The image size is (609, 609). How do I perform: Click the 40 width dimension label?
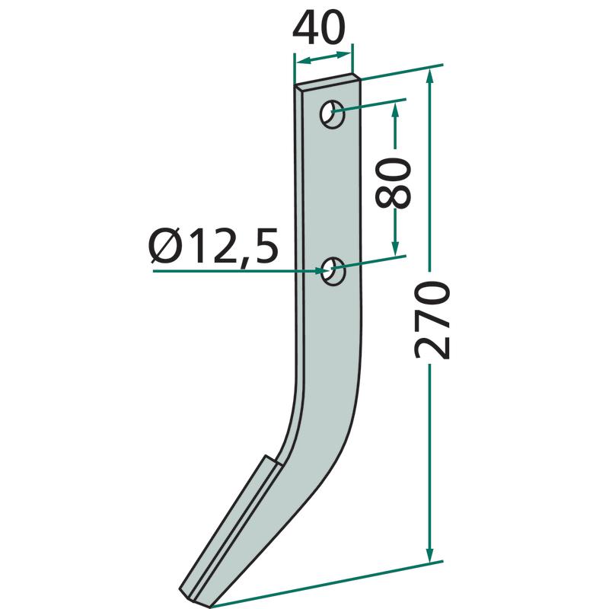pyautogui.click(x=318, y=28)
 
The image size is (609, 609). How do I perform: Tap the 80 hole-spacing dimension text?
pyautogui.click(x=393, y=183)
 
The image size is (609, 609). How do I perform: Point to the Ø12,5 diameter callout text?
pyautogui.click(x=214, y=247)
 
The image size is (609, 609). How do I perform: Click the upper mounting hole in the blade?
pyautogui.click(x=333, y=114)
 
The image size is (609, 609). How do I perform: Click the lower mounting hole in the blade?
pyautogui.click(x=333, y=271)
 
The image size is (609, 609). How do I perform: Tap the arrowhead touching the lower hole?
pyautogui.click(x=318, y=271)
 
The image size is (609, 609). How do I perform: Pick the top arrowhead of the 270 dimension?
pyautogui.click(x=429, y=78)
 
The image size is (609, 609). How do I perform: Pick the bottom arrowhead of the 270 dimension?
pyautogui.click(x=429, y=553)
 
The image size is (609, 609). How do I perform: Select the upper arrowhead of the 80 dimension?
pyautogui.click(x=395, y=110)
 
